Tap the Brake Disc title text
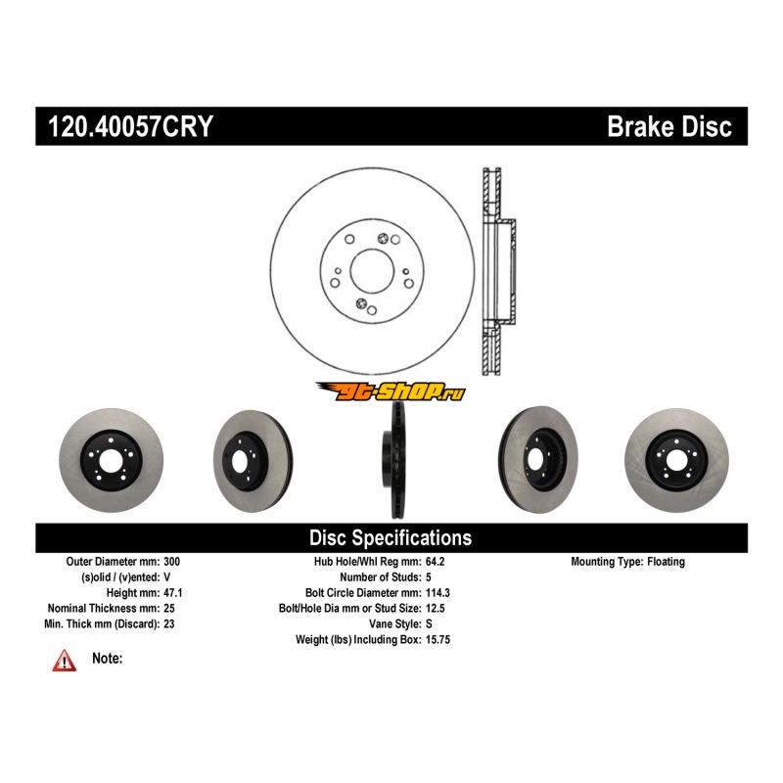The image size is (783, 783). click(x=669, y=127)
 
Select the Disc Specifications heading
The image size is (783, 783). click(x=391, y=537)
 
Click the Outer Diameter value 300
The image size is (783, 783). click(x=172, y=562)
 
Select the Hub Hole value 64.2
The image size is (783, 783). click(x=437, y=562)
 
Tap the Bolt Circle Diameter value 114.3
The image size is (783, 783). click(x=439, y=593)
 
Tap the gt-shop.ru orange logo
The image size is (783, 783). click(x=390, y=391)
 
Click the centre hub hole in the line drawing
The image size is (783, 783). click(x=370, y=269)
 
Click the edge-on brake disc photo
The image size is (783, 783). click(x=391, y=460)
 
